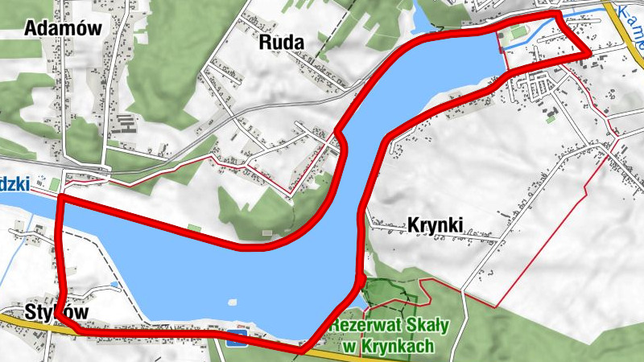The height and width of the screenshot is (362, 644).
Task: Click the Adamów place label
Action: [x=63, y=28]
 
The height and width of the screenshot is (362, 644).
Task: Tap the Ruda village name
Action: [x=282, y=42]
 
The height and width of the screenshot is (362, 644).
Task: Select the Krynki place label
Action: [x=435, y=225]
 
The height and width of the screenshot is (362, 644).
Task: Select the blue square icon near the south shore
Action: [x=237, y=337]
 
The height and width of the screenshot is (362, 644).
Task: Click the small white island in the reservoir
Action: [x=232, y=303]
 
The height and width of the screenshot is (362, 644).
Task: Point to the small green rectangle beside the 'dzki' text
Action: [x=55, y=184]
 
